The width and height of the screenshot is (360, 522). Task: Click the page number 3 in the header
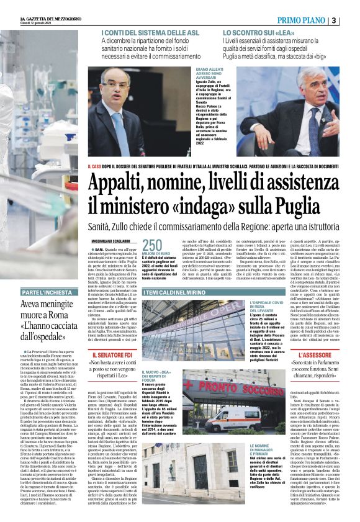[x=351, y=20]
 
